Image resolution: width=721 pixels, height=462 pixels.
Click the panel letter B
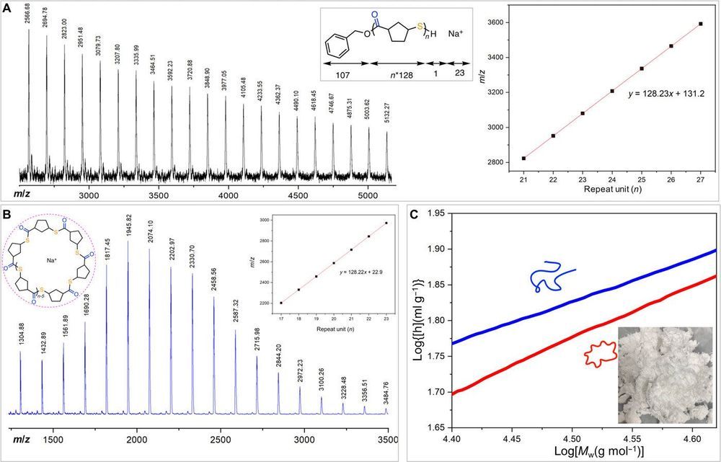click(x=6, y=213)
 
